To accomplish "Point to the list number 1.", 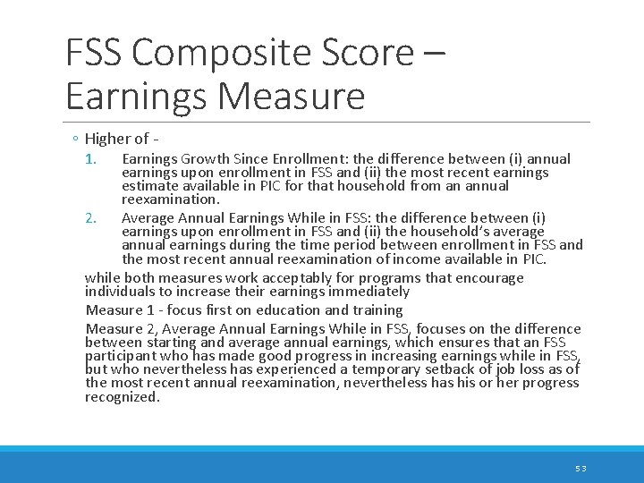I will tap(89, 159).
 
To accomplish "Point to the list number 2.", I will tap(89, 217).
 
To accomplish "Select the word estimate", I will tap(151, 186).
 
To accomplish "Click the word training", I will tap(376, 309).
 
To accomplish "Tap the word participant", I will tap(120, 356).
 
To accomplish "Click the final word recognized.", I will tap(123, 396).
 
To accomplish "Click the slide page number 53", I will tap(580, 468).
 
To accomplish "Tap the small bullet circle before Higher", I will tap(76, 140).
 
